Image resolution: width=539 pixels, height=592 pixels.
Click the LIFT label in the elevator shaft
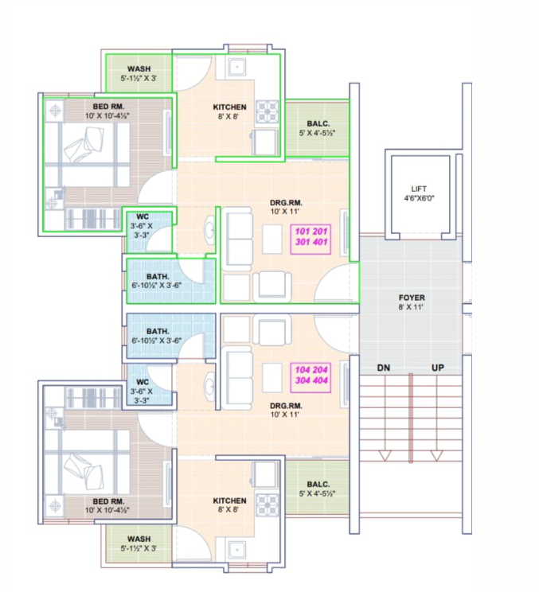419,189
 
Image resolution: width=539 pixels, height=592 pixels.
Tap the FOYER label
412,298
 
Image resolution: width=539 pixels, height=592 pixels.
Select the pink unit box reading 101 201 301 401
311,237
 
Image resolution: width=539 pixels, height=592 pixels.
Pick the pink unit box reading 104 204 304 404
311,375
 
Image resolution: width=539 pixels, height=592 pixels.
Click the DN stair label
384,368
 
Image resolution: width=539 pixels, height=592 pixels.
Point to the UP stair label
438,368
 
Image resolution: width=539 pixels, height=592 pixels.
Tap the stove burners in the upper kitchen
268,111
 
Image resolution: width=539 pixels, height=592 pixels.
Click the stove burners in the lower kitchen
268,505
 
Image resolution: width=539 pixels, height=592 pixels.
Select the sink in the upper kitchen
237,67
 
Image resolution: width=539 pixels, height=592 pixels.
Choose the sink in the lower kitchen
237,550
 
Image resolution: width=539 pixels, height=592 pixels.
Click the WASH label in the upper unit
139,69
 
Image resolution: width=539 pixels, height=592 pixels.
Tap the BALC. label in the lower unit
318,484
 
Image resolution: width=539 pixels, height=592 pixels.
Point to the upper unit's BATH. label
158,276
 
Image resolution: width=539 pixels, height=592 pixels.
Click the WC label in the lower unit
143,382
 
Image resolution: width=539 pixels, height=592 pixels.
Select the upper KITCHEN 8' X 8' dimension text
228,117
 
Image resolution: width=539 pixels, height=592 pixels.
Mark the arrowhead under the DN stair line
385,456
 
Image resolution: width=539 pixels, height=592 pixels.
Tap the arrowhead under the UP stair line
436,456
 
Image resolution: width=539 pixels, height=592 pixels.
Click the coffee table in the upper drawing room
272,239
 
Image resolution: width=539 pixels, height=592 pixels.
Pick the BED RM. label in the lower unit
108,501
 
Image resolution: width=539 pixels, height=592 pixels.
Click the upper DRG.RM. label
286,203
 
